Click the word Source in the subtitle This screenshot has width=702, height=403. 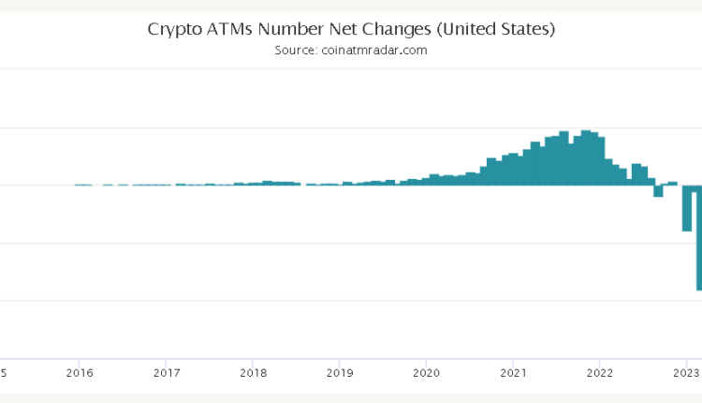point(295,51)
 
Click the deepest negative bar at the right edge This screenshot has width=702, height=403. point(697,239)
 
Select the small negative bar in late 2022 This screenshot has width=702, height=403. point(658,191)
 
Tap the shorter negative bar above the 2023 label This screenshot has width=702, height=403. point(686,208)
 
